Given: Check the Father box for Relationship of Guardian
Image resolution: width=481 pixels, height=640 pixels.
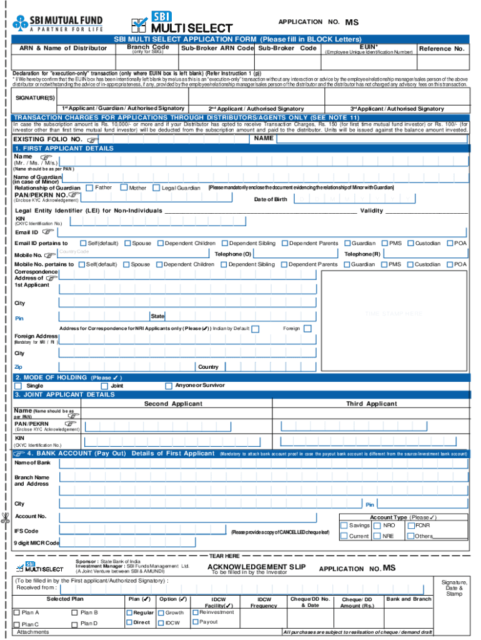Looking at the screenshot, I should (90, 187).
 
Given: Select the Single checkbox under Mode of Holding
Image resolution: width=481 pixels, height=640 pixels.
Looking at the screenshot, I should (19, 386).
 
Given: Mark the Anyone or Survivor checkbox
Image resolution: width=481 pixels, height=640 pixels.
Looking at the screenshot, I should (168, 386).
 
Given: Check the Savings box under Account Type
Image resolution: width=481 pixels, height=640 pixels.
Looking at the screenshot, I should (344, 526).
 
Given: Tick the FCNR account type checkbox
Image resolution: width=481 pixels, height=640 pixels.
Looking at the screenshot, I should (410, 526).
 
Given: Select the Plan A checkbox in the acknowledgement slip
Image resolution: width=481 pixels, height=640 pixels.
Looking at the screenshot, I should (16, 612).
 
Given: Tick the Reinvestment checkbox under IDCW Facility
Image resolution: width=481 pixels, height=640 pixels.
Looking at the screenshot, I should (195, 612).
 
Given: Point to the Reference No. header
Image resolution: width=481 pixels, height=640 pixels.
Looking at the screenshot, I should (442, 49).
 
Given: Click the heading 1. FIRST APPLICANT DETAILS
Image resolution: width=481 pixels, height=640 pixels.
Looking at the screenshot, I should (64, 148).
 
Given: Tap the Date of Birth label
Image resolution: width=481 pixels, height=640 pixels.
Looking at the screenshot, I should (270, 199).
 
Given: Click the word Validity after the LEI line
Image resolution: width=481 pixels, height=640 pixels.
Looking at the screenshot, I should (372, 211).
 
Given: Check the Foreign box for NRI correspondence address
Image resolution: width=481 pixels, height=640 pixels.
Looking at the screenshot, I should (308, 329).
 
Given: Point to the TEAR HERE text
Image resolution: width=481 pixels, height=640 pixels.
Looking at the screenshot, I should (224, 555).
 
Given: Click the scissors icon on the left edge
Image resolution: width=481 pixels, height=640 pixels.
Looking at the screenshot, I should (5, 517).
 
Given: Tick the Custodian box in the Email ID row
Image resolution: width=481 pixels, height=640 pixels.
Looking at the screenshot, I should (410, 243).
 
